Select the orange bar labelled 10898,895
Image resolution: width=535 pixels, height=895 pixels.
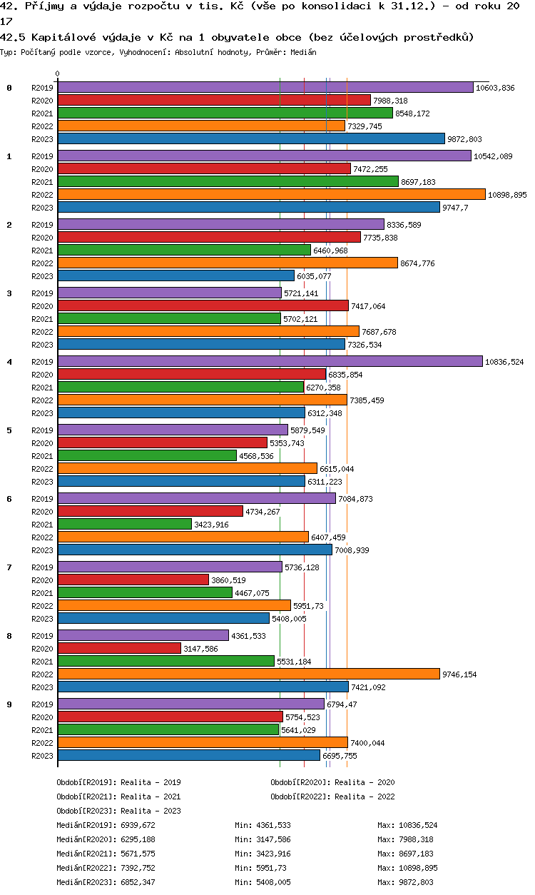(271, 195)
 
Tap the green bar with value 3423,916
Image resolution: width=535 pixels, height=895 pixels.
(125, 525)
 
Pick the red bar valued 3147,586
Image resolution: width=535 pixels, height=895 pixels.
(119, 649)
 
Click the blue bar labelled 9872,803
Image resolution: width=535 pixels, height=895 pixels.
(251, 139)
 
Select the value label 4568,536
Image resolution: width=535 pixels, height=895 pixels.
(256, 456)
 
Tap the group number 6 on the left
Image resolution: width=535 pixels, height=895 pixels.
(9, 499)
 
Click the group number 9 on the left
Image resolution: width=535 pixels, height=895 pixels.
(9, 704)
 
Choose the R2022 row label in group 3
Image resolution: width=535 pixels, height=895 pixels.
(43, 332)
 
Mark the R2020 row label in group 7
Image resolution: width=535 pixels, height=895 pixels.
(43, 580)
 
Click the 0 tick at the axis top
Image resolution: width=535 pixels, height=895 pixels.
(58, 74)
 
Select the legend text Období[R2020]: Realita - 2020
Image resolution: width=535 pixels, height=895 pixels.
(332, 782)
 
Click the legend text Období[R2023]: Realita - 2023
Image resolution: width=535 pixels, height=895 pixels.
(118, 811)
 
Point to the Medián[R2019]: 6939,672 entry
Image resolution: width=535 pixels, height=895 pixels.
(106, 825)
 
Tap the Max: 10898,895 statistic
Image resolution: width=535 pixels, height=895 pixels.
(407, 868)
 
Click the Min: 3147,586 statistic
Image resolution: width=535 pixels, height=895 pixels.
(263, 839)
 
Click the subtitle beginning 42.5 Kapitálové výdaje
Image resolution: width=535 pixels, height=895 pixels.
(237, 37)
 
